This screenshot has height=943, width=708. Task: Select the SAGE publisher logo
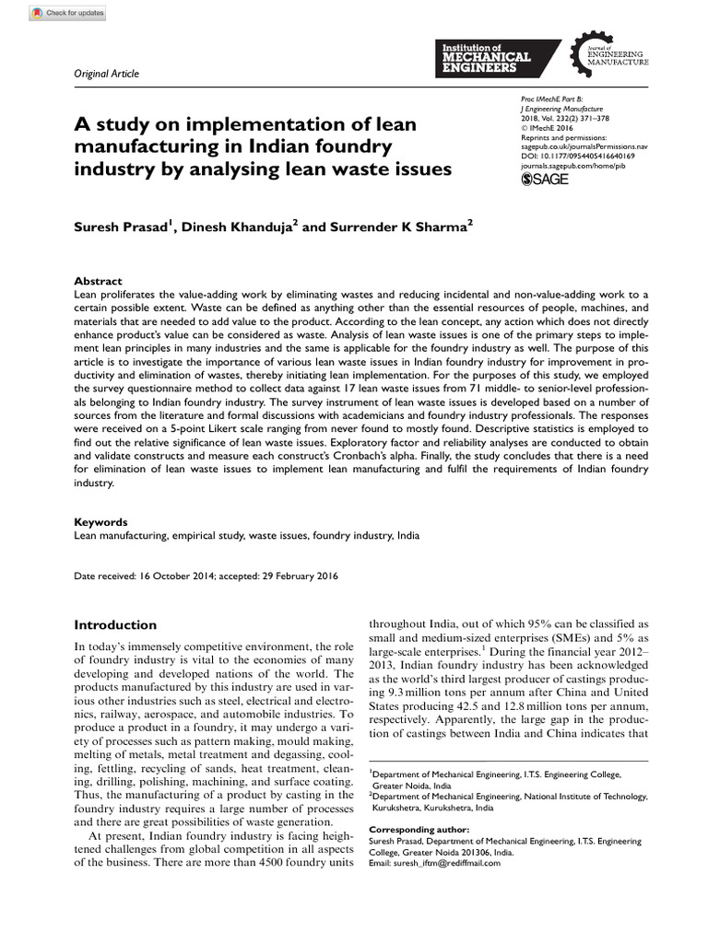545,179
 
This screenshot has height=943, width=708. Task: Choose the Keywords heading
100,520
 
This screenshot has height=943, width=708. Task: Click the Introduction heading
115,624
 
